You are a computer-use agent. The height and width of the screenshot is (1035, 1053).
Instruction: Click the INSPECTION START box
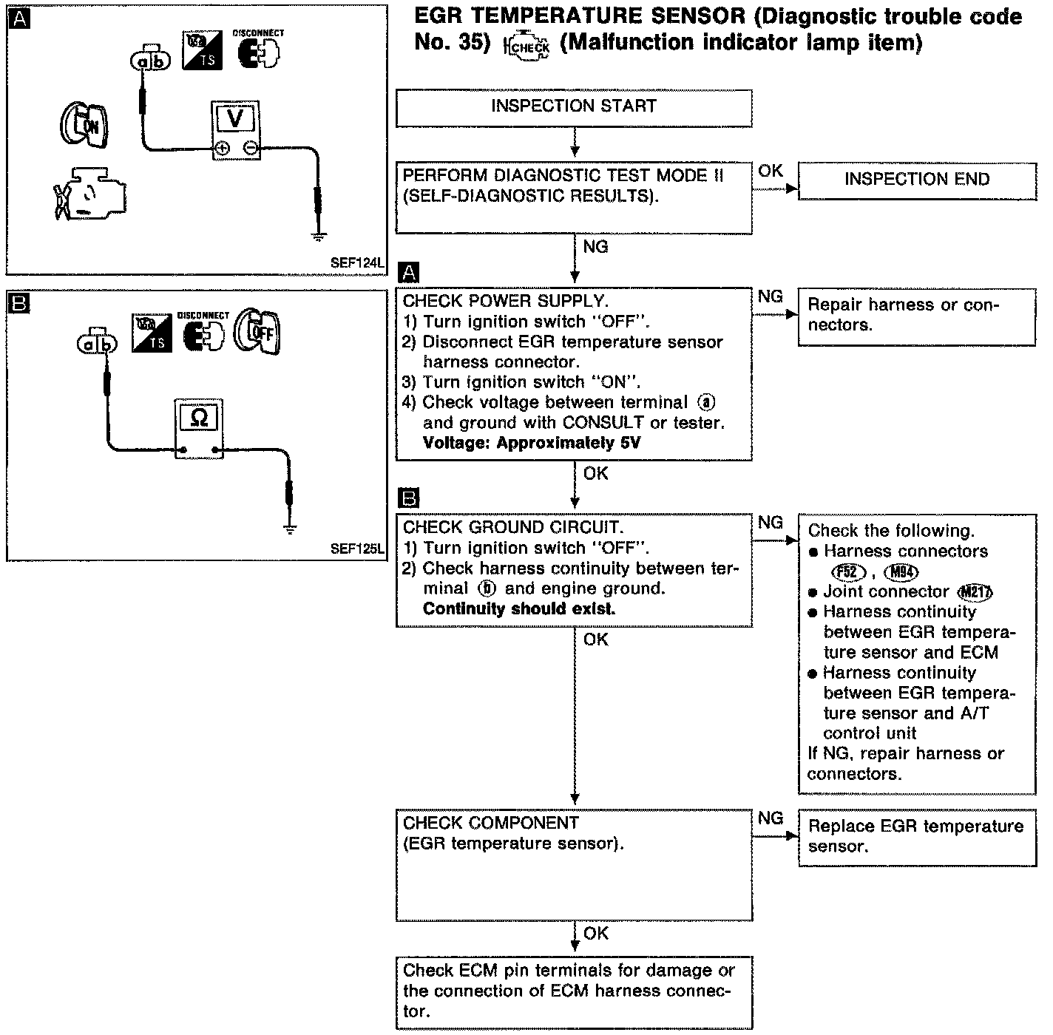coord(574,107)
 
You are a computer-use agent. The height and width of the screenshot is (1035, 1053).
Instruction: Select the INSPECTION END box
coord(917,180)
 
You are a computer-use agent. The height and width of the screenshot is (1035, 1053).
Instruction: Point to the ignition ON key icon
coord(83,123)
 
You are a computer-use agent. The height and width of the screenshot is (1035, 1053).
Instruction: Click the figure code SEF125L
coord(358,549)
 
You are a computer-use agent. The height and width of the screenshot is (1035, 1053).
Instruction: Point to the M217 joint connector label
coord(975,592)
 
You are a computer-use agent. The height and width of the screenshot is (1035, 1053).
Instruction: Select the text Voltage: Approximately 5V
coord(532,444)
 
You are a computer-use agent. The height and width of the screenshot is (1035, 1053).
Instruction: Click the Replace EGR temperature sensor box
coord(917,837)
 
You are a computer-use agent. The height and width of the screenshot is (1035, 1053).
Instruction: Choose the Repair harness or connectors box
coord(917,316)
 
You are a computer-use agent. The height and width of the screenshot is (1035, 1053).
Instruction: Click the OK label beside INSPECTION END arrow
coord(771,171)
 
